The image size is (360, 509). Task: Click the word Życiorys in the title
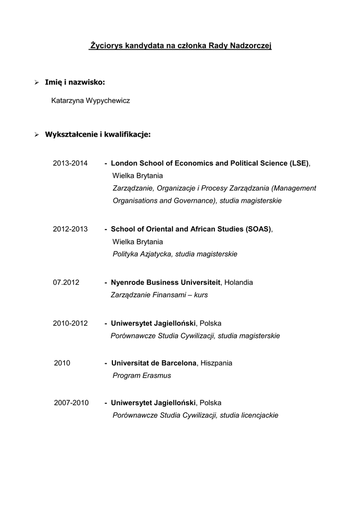click(x=105, y=46)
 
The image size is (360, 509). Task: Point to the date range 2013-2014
click(x=70, y=163)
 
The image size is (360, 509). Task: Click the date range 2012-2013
click(x=70, y=229)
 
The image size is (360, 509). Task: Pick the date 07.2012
click(x=66, y=282)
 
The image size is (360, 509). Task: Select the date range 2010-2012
click(x=70, y=323)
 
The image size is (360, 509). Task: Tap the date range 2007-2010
click(x=71, y=403)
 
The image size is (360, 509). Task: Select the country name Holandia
click(x=239, y=282)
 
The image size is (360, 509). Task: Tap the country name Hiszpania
click(x=216, y=363)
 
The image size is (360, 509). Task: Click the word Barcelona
click(x=177, y=363)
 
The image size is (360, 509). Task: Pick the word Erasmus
click(x=157, y=376)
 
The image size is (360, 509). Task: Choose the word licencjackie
click(x=259, y=416)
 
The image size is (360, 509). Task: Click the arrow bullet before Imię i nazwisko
click(x=36, y=82)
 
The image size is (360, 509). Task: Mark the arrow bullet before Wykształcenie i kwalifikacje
click(x=36, y=135)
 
